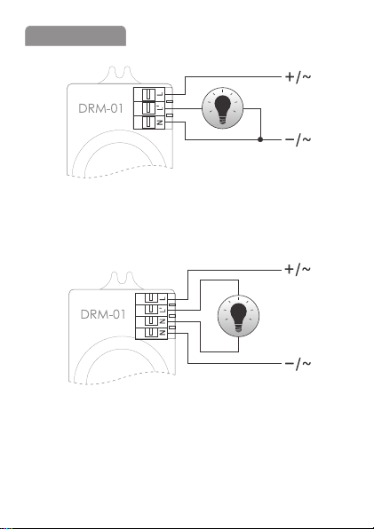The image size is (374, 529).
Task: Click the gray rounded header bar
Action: (x=76, y=36)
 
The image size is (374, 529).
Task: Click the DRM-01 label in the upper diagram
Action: (x=100, y=108)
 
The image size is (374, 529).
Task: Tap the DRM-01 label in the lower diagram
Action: (x=103, y=314)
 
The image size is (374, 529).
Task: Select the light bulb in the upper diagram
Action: (x=222, y=108)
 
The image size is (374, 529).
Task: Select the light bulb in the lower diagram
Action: (x=238, y=316)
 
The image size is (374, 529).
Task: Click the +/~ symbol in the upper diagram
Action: (x=298, y=77)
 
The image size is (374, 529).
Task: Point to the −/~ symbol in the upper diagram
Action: (x=298, y=139)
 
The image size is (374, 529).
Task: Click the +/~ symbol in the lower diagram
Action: (x=298, y=270)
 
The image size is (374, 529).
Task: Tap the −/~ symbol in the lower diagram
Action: (x=298, y=364)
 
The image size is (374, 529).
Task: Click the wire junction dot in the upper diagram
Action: (x=260, y=139)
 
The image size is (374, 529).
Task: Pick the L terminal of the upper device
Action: (x=149, y=94)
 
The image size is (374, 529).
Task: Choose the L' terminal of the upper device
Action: (x=149, y=108)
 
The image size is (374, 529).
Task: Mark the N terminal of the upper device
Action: (x=149, y=122)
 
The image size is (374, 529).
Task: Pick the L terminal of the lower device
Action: (x=151, y=299)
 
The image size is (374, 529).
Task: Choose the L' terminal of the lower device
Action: (x=151, y=311)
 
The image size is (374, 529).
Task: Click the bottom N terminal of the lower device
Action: (x=151, y=334)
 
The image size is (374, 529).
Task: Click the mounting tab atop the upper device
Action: (x=120, y=75)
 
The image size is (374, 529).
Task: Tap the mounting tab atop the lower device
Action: (x=122, y=280)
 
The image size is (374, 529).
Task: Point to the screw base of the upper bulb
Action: (x=222, y=120)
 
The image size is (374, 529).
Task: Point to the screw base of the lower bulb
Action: (x=238, y=328)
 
